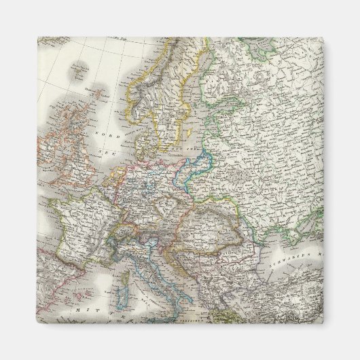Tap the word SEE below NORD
tap(105, 154)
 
